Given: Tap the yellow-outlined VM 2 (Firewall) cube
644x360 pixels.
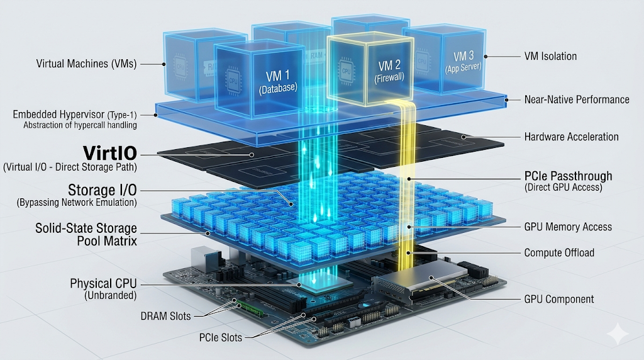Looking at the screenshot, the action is (370, 70).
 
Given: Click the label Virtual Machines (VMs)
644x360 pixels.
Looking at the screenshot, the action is (86, 64).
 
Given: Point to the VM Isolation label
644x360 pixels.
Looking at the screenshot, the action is (550, 56).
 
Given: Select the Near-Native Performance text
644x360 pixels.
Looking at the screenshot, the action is (577, 99).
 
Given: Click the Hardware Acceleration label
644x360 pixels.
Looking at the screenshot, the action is (571, 137).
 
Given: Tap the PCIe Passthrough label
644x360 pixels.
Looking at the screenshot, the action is (568, 176).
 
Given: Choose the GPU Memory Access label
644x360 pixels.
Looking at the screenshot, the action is (568, 227).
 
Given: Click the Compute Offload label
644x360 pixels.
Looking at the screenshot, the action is (559, 252).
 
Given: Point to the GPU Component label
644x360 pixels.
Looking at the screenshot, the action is (559, 300).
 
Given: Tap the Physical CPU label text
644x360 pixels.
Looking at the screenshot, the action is (103, 284).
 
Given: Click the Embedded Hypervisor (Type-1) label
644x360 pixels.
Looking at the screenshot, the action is (75, 115).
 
